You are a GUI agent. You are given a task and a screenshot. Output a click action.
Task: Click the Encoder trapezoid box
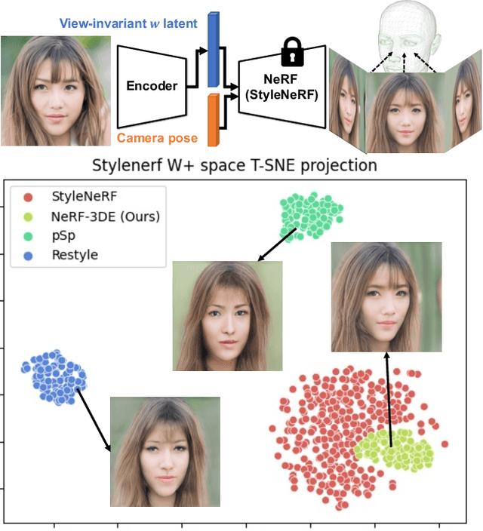coord(151,84)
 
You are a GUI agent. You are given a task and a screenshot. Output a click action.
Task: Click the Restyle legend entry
coord(74,255)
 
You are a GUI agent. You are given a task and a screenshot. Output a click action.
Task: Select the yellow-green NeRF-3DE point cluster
coord(393,451)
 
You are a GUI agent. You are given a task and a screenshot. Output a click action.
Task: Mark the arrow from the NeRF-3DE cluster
coord(389,400)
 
